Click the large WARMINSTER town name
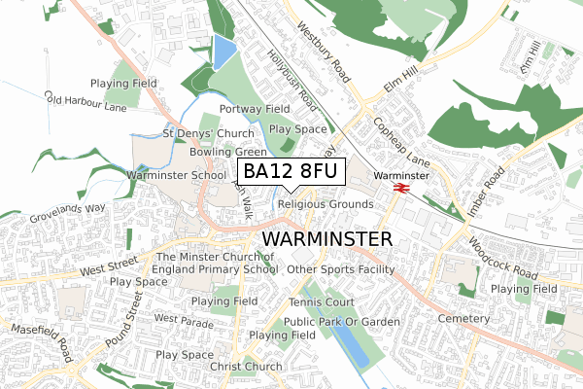coord(327,239)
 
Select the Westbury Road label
coord(324,53)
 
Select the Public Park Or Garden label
coord(342,321)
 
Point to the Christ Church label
coord(246,367)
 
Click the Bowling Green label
coord(228,153)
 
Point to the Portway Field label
coord(256,109)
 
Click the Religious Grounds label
coord(325,204)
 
